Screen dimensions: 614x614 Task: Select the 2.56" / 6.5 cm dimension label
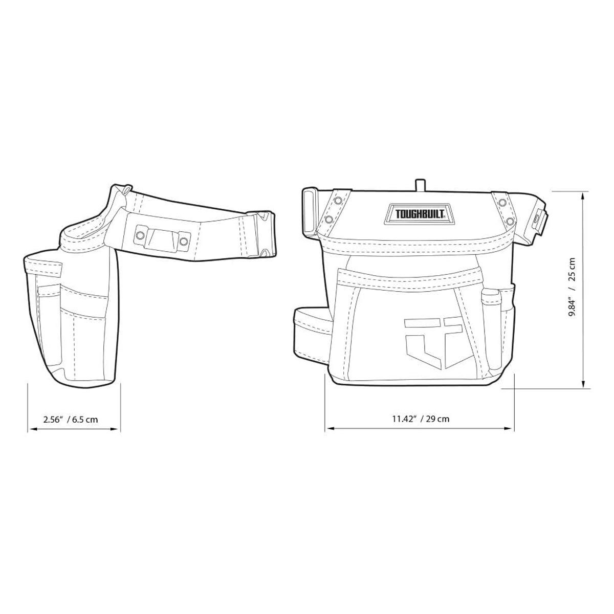71,419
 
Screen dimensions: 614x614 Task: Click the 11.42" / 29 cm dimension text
421,419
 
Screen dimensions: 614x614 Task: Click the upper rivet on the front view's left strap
337,201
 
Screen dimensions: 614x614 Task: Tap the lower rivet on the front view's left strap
330,219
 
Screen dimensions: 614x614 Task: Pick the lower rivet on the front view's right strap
510,221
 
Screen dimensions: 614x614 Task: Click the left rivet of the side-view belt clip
139,236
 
